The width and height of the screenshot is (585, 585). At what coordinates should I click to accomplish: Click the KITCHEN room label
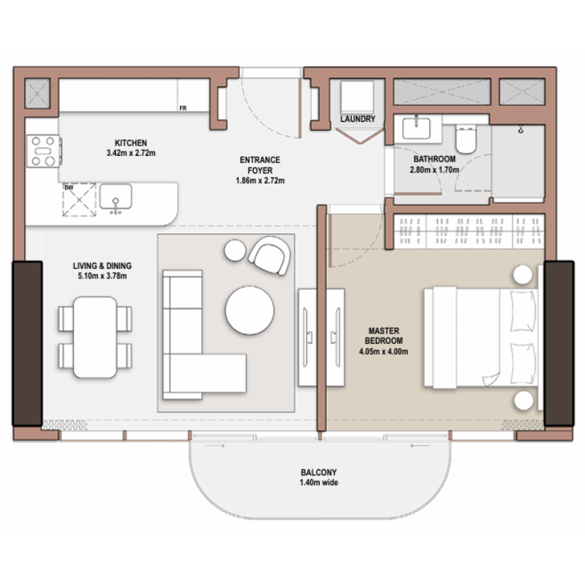131,143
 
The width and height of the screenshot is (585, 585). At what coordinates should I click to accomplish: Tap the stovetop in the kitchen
44,151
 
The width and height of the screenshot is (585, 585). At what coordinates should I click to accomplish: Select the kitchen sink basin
116,197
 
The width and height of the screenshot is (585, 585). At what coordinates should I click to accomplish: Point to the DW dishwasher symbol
79,200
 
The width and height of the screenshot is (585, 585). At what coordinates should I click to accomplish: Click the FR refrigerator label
183,108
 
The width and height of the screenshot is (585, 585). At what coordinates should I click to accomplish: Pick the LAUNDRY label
358,119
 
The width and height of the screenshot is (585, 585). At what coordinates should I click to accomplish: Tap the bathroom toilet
466,139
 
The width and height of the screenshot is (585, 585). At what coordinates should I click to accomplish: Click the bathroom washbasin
416,128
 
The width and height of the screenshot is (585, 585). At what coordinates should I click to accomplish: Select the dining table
95,337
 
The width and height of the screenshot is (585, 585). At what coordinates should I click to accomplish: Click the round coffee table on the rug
249,310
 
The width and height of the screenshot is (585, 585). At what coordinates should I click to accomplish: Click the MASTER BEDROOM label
383,336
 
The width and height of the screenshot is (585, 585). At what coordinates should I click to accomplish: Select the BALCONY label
319,472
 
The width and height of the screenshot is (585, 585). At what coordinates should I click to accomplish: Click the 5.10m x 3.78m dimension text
102,276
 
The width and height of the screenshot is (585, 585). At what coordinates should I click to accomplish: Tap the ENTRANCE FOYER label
260,165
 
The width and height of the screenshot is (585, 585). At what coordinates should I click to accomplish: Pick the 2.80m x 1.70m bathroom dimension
434,170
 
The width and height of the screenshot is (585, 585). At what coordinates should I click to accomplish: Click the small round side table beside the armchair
235,250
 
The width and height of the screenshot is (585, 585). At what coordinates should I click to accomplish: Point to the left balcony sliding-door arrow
215,446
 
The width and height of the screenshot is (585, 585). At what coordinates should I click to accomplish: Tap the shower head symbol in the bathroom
521,129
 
